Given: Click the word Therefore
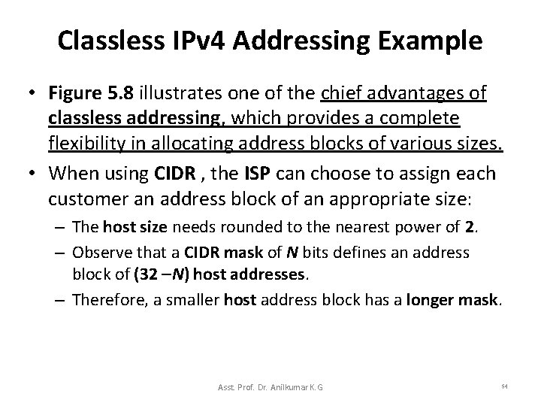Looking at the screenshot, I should (x=105, y=300).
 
